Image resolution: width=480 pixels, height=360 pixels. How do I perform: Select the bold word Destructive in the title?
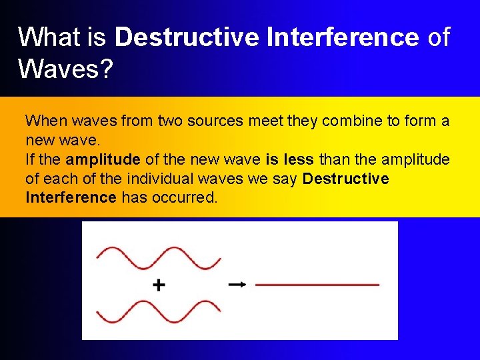187,37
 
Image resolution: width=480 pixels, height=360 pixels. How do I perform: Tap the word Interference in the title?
342,37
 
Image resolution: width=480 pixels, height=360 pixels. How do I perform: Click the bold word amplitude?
103,160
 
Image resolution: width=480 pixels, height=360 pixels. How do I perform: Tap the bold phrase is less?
290,160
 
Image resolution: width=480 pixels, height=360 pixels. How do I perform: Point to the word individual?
159,179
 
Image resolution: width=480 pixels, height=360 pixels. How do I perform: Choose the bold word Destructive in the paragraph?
345,179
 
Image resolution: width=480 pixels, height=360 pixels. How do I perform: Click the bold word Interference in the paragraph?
71,198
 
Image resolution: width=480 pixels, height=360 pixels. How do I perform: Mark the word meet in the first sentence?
274,121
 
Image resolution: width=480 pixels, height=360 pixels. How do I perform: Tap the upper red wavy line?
159,257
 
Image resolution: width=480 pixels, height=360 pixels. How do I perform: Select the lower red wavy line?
159,311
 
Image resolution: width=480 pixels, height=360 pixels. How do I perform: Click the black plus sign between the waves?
159,285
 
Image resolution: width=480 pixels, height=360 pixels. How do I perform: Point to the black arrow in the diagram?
237,285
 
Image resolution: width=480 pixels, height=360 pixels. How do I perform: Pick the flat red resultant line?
317,285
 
